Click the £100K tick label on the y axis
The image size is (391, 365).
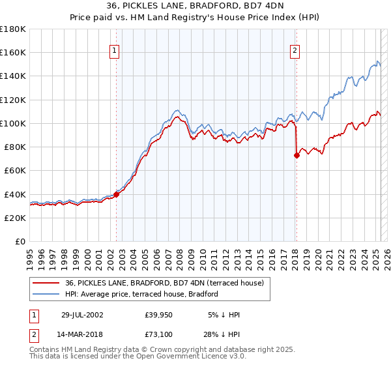tap(13, 123)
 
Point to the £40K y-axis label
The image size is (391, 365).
tap(15, 194)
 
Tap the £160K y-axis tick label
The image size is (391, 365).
tap(13, 52)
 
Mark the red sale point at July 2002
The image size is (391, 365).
tap(117, 194)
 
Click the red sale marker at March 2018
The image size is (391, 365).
tap(297, 155)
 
